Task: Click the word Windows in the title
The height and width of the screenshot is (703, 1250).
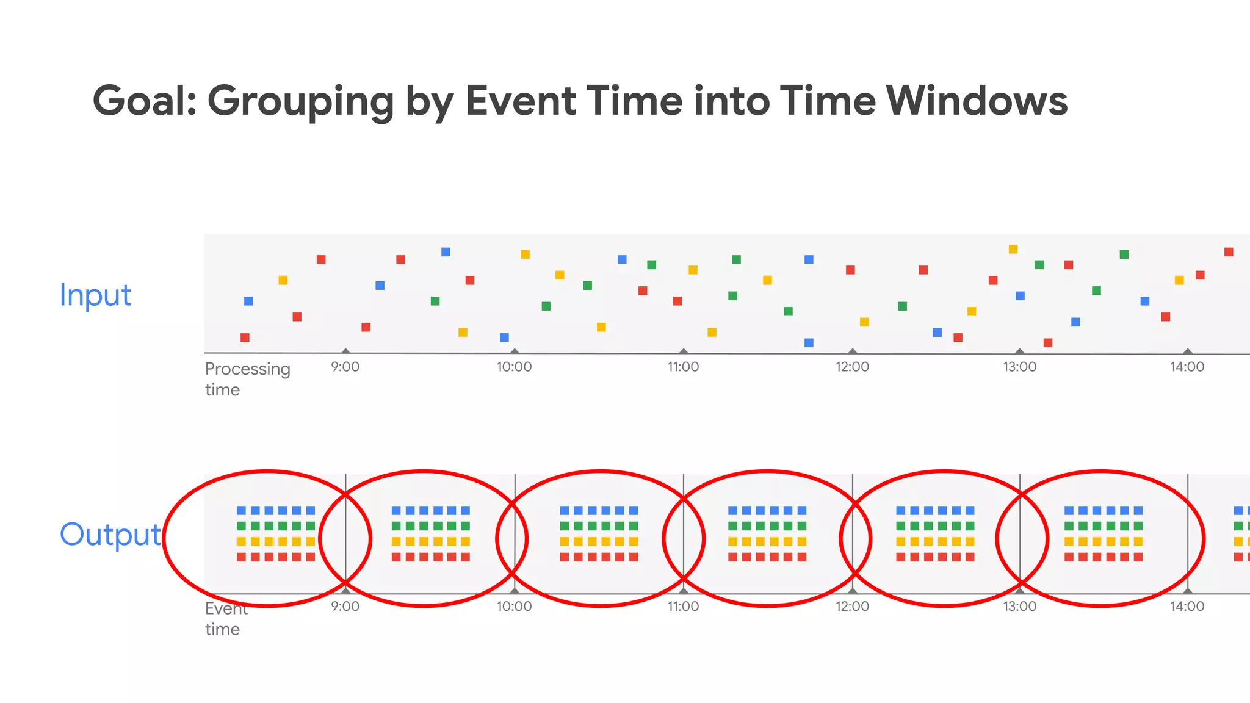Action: click(977, 101)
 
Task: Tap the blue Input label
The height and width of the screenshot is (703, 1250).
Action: click(95, 295)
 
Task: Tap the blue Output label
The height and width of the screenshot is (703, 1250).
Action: click(110, 535)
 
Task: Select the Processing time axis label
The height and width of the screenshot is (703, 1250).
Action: click(247, 379)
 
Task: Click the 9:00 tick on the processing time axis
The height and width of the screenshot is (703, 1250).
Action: click(345, 367)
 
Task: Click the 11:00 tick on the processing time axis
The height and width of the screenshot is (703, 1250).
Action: click(683, 367)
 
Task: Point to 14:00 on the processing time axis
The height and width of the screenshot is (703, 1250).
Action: click(1187, 367)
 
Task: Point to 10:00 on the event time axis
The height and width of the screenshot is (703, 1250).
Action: click(514, 607)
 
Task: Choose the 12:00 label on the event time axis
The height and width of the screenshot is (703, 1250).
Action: click(852, 607)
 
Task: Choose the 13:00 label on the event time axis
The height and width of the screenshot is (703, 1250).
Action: click(1020, 607)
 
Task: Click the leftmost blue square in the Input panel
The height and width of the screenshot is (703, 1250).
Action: click(248, 301)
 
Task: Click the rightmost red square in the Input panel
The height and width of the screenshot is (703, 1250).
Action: click(1229, 252)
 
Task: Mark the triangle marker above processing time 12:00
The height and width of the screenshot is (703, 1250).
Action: click(853, 351)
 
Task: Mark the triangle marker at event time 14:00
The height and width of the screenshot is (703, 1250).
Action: click(1188, 591)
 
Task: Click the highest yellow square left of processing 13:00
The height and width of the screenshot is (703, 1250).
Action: click(1013, 249)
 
